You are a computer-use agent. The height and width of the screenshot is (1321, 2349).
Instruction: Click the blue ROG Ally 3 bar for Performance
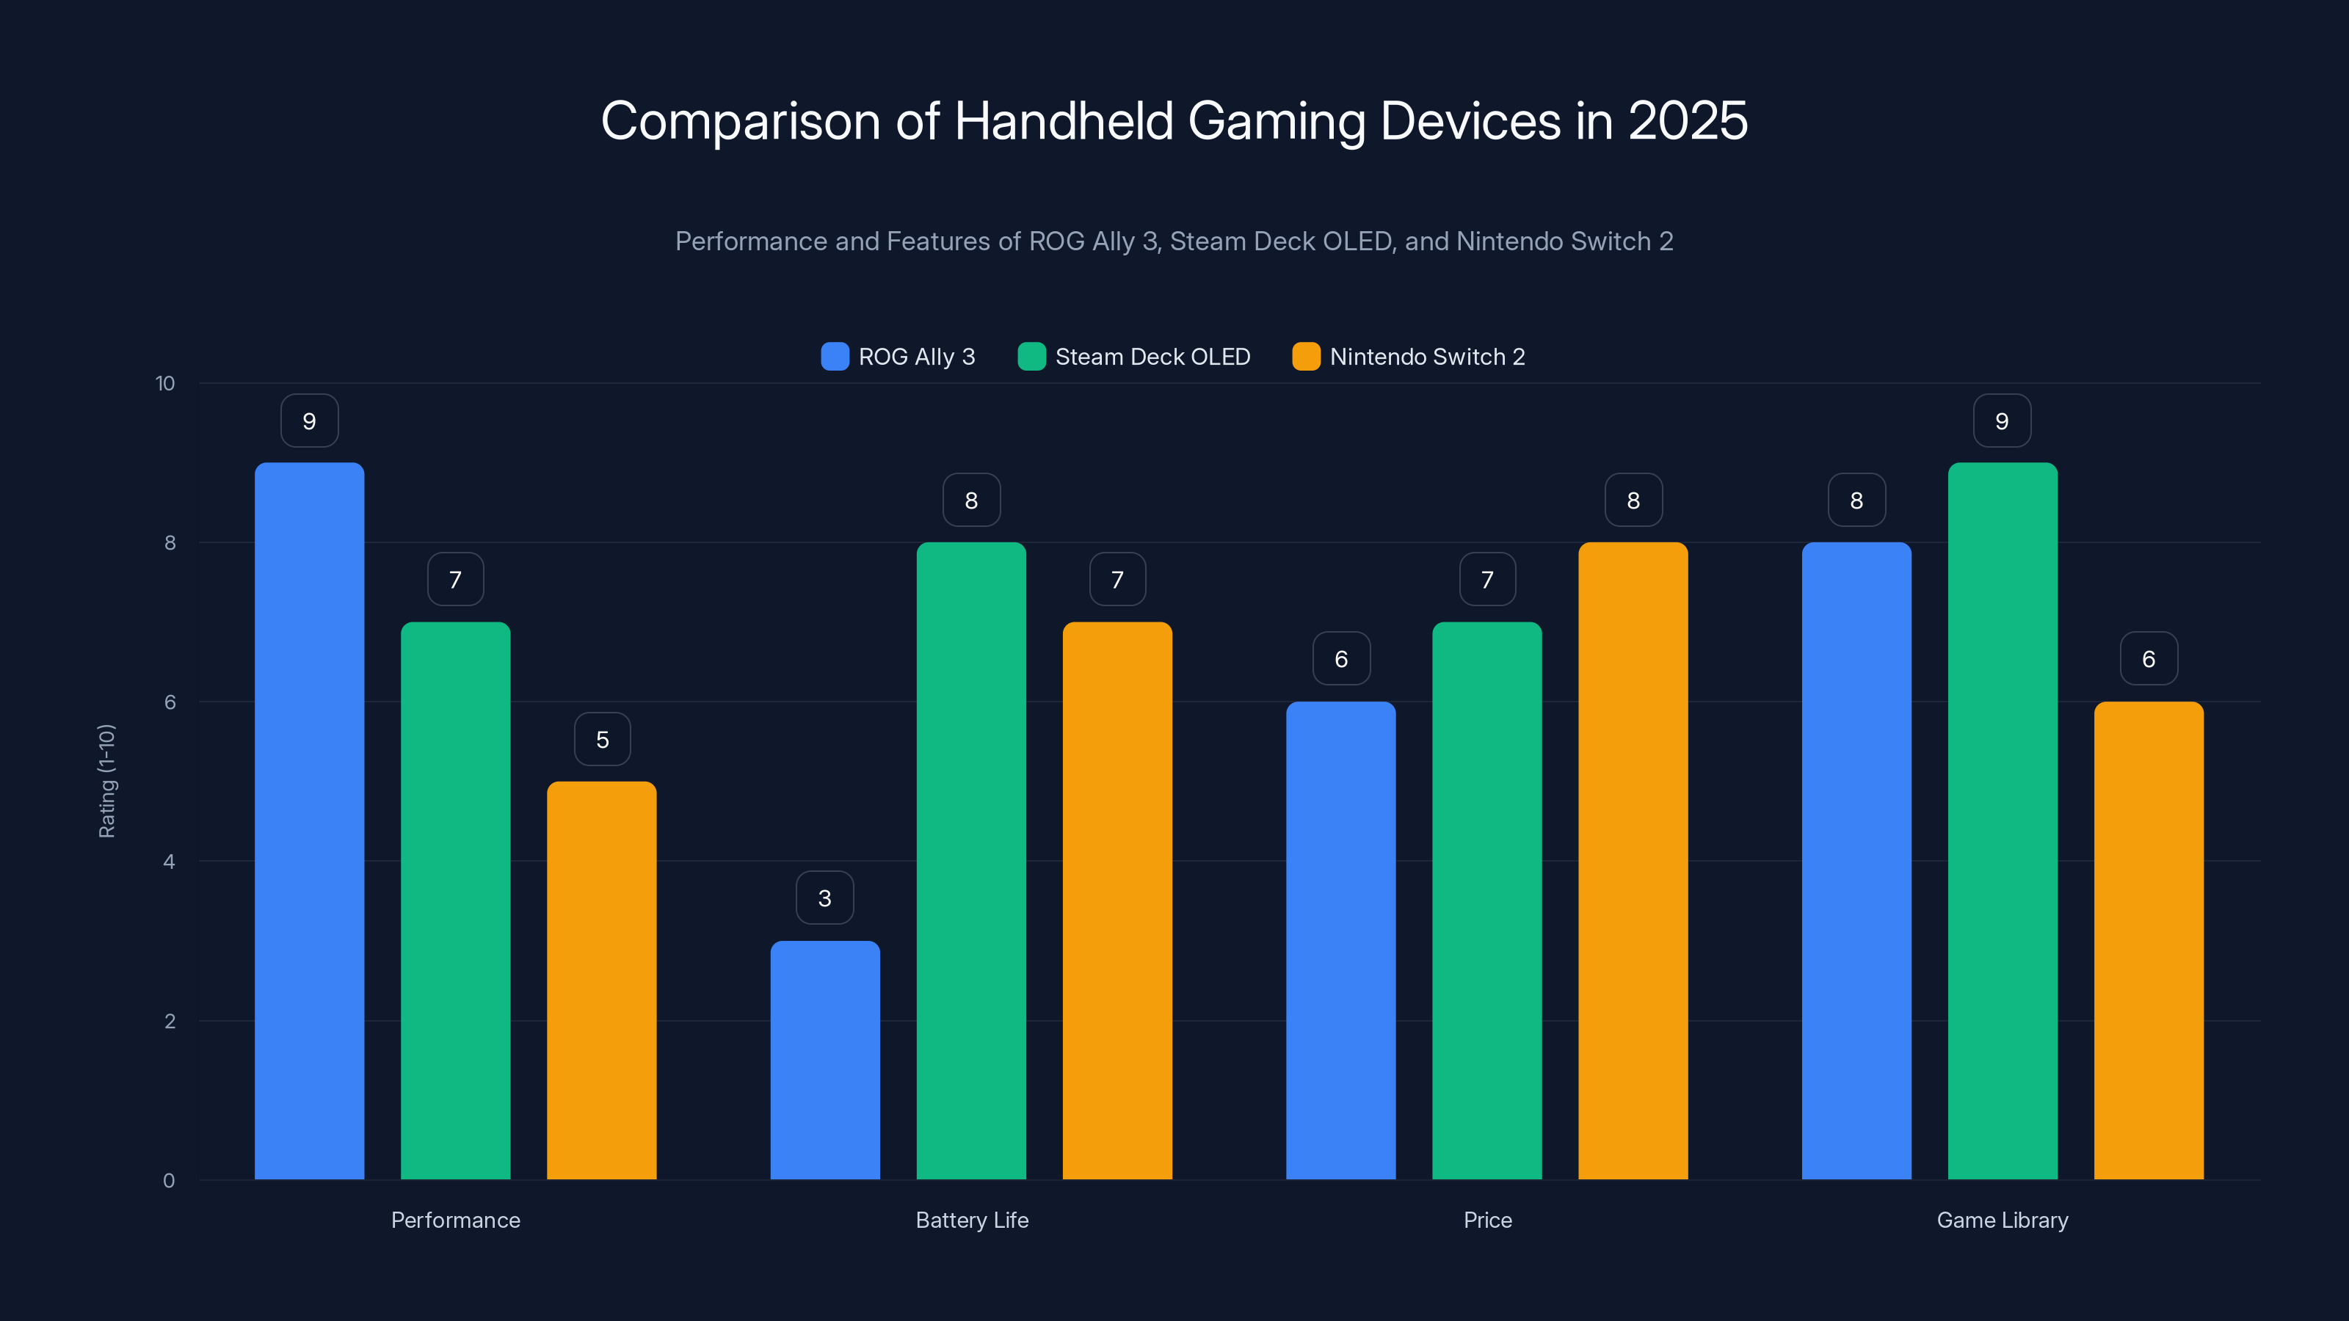[x=309, y=820]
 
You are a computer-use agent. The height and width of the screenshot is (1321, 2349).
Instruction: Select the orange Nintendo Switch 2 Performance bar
[x=601, y=980]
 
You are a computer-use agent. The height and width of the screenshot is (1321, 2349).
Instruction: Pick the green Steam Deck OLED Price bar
[x=1486, y=900]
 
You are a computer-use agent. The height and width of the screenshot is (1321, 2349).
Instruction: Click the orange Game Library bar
[x=2149, y=940]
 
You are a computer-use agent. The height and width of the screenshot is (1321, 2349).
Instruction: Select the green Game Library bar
[x=2003, y=820]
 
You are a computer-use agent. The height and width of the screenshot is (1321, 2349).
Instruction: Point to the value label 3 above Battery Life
[x=824, y=898]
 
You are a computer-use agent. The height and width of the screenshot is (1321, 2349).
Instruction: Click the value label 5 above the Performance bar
[x=602, y=739]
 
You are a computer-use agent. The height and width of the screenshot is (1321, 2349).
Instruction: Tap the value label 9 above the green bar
[x=2002, y=421]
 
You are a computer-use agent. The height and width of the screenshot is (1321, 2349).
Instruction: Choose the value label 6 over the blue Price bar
[x=1340, y=659]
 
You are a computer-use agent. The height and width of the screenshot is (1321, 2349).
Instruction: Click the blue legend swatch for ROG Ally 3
[x=835, y=357]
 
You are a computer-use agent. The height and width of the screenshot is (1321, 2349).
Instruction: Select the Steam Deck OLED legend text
[x=1152, y=357]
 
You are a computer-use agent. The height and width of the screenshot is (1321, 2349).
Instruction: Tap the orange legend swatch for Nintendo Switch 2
[x=1306, y=357]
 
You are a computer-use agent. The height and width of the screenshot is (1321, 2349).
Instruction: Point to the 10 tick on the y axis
[x=165, y=383]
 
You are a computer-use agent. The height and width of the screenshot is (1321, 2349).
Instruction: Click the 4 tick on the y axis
[x=169, y=862]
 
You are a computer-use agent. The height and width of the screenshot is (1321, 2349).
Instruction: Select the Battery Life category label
[x=971, y=1220]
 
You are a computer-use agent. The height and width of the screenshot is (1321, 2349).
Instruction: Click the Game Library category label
[x=2002, y=1220]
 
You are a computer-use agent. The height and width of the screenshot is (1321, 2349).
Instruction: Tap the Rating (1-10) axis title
[x=106, y=782]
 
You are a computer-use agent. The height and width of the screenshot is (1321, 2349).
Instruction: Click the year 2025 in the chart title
[x=1687, y=120]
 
